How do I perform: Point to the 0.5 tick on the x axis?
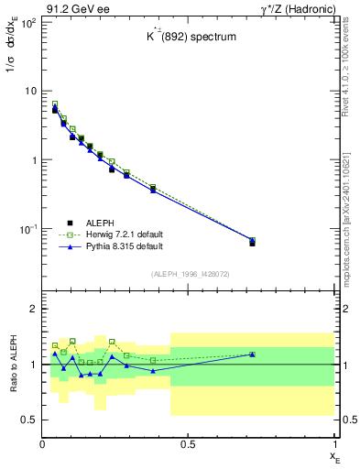(x=188, y=444)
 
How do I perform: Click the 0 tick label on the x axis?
(x=42, y=444)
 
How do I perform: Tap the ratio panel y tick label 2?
(x=33, y=310)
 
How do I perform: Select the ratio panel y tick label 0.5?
(x=28, y=420)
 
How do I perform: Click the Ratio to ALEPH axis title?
(x=12, y=365)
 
